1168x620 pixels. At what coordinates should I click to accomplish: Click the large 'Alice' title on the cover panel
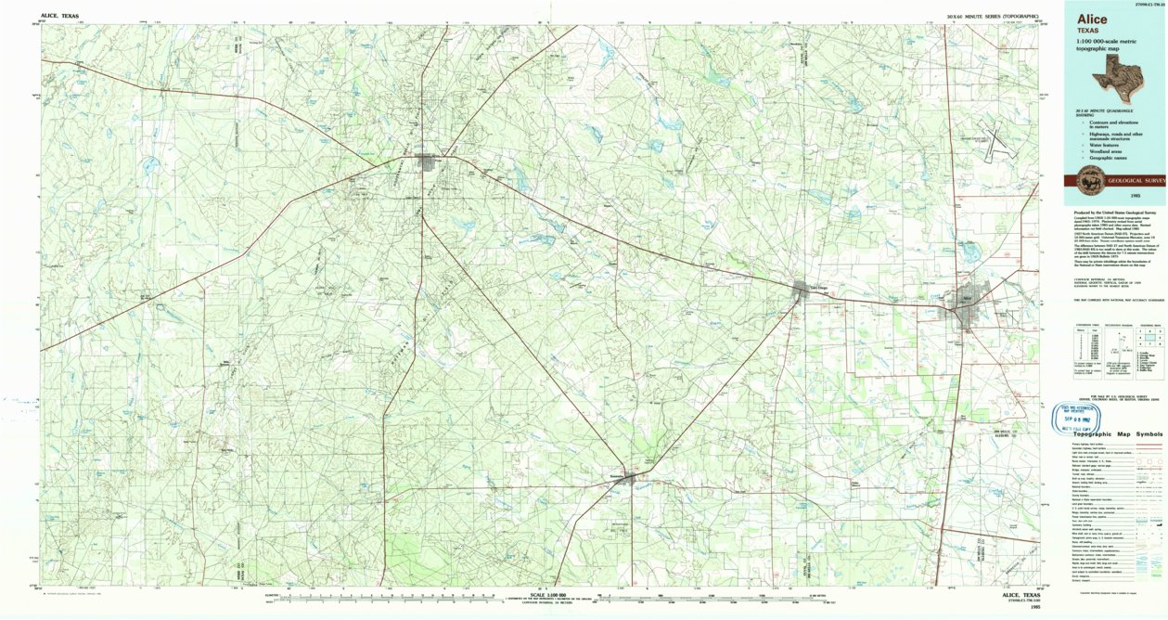1091,19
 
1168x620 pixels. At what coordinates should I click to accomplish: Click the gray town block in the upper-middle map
428,163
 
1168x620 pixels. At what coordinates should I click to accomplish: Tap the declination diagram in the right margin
1114,345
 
